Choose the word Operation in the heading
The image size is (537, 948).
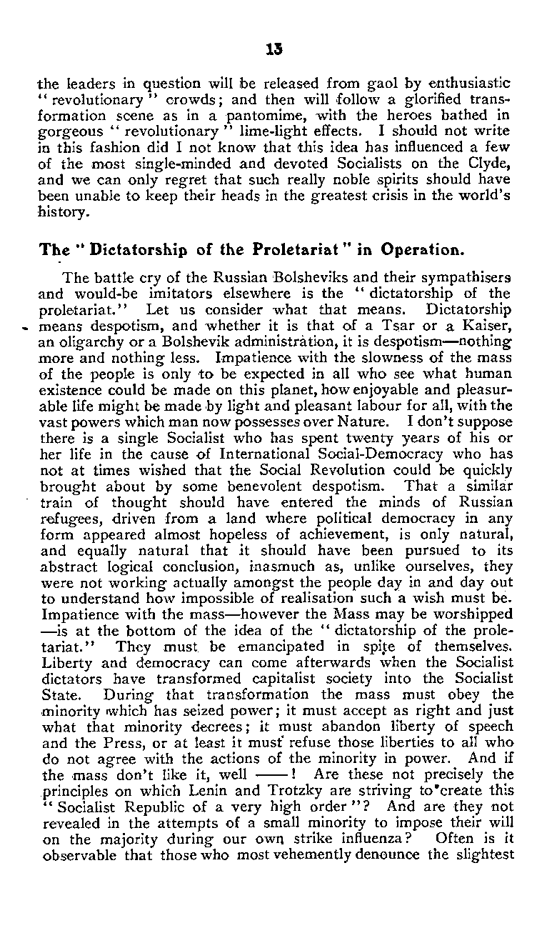click(409, 251)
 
